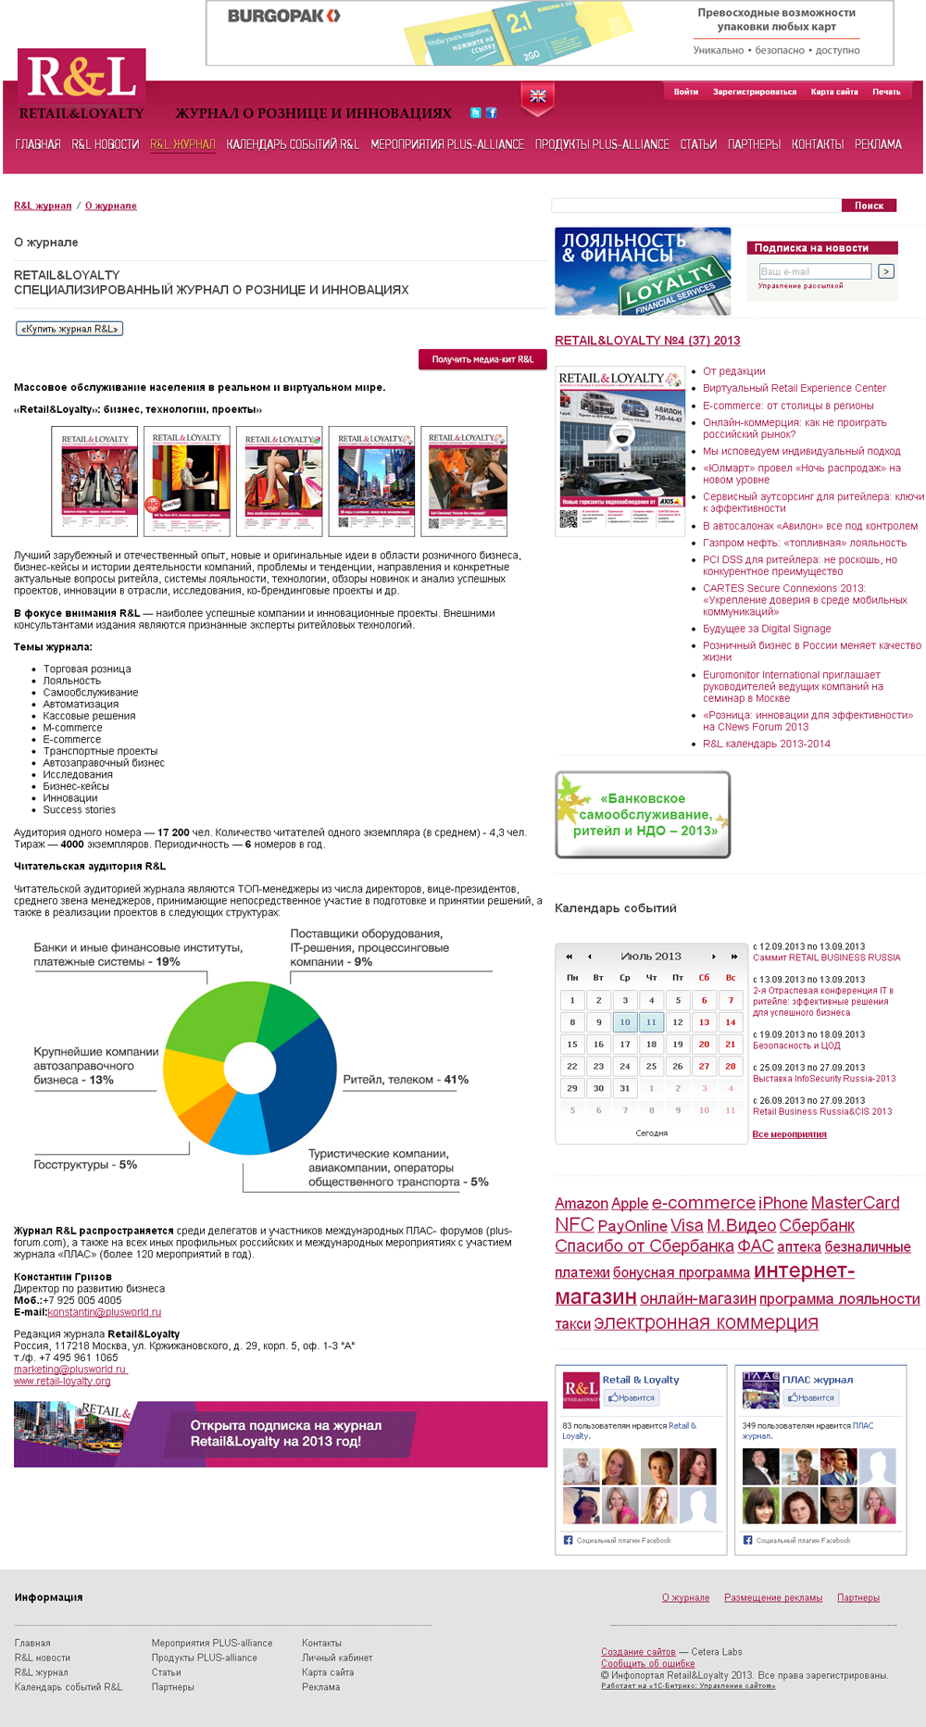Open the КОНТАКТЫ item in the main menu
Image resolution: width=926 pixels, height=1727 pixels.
pos(817,144)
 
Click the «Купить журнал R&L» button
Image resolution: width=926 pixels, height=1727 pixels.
pos(69,329)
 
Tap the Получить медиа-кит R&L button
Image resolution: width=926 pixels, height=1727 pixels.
pos(482,359)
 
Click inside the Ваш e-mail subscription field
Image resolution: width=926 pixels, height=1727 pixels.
pos(814,271)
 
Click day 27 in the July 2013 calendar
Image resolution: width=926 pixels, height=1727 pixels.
pos(704,1066)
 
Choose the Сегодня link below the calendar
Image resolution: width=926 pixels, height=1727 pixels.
pos(651,1133)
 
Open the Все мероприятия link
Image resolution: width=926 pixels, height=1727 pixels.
pos(789,1134)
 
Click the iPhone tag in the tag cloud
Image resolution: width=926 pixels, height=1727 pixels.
pos(782,1203)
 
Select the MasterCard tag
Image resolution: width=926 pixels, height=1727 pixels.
pos(855,1203)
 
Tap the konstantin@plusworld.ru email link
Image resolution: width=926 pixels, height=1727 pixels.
pos(105,1312)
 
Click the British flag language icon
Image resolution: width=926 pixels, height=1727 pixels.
pos(537,96)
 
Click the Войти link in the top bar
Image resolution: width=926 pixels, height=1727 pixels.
pos(685,92)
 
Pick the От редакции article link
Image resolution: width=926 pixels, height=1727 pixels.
pos(733,371)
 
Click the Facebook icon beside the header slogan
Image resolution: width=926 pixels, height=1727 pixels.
pos(492,113)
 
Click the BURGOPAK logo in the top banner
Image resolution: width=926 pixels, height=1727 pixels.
pos(283,16)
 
